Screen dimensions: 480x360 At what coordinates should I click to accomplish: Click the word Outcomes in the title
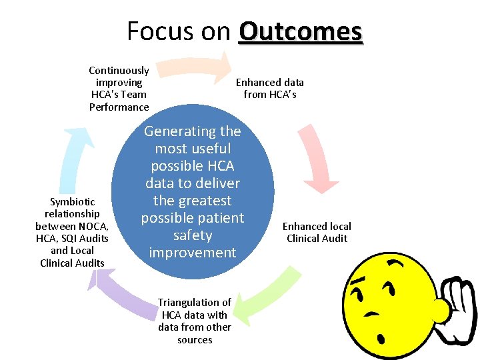(x=300, y=31)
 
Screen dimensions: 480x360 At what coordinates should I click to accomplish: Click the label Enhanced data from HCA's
(x=269, y=88)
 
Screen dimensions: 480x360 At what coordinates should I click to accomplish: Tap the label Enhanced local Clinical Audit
(x=317, y=232)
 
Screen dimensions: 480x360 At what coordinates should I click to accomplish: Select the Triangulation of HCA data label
(x=194, y=321)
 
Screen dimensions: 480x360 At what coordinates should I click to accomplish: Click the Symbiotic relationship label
(x=72, y=232)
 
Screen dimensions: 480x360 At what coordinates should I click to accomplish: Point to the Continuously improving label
(x=119, y=88)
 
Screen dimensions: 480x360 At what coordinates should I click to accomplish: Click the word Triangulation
(x=194, y=302)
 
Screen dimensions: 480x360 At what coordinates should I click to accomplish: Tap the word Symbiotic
(x=72, y=201)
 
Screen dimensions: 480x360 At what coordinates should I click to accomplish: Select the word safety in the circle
(x=192, y=235)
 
